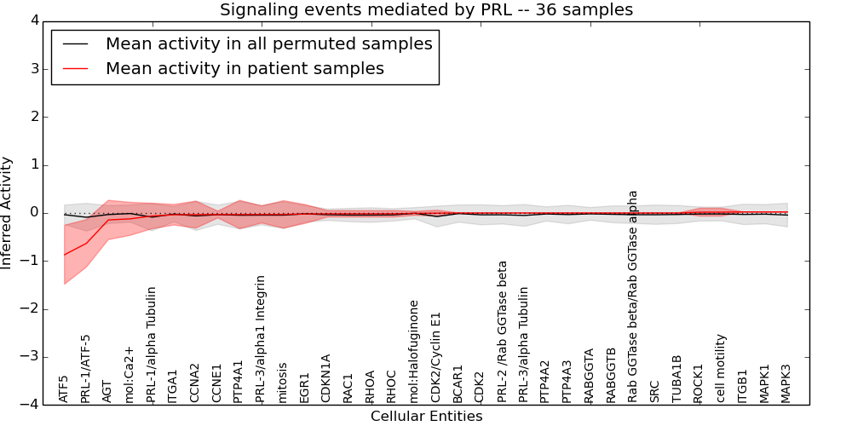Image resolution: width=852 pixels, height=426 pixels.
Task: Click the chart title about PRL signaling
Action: (426, 10)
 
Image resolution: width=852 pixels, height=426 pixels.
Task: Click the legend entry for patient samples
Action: (245, 69)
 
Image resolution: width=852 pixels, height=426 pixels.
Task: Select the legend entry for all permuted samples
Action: (268, 43)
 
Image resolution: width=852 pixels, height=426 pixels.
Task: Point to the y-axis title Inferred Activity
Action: (8, 213)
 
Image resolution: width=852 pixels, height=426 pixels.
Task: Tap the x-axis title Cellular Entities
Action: (426, 417)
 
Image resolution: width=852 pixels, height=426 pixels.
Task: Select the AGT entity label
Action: (107, 390)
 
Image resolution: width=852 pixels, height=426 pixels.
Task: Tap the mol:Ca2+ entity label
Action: (130, 374)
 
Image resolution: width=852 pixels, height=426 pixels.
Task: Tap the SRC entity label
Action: (654, 390)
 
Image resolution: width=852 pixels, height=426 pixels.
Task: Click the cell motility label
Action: (721, 367)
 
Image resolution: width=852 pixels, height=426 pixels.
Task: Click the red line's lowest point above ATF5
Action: (64, 255)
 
